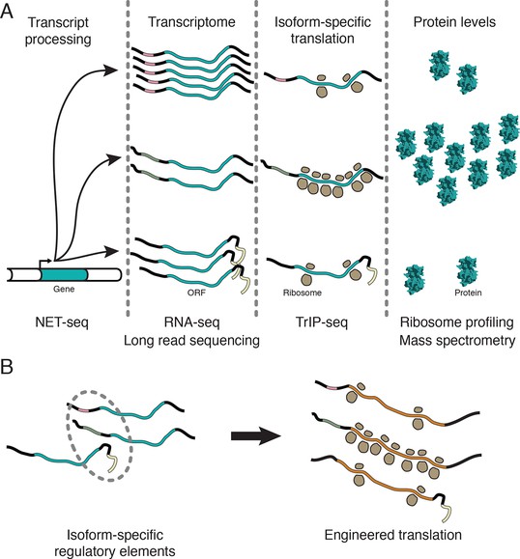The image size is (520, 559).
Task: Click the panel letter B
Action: pos(7,367)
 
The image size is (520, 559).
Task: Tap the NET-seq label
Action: pos(62,322)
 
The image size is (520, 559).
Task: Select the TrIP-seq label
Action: pos(322,322)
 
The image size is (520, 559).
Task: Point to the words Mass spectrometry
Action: pos(457,341)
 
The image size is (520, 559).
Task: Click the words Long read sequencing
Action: pos(191,341)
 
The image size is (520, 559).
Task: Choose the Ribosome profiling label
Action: pos(457,322)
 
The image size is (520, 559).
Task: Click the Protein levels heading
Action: pos(454,22)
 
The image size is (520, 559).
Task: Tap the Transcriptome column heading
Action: pos(191,22)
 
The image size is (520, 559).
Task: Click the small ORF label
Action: pos(196,293)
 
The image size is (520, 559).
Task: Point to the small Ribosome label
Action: pos(303,293)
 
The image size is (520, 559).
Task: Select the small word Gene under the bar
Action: pos(64,289)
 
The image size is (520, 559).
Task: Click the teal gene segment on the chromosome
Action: pos(64,275)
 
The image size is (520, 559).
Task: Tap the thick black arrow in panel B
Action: pos(256,435)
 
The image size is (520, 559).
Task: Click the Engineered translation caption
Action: pos(393,535)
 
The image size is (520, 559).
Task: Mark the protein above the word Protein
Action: pos(467,271)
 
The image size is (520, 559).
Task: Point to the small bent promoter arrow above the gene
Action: pos(45,264)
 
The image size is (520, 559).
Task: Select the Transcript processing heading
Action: pos(58,31)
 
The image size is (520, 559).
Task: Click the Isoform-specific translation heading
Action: pos(322,30)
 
